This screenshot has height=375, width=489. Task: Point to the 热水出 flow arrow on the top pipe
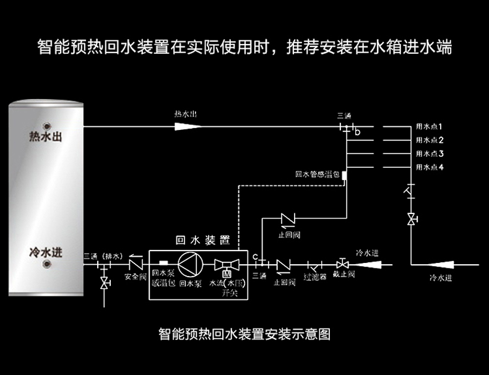pyautogui.click(x=187, y=126)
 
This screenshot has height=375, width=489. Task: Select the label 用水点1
pyautogui.click(x=429, y=127)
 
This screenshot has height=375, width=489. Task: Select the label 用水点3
pyautogui.click(x=429, y=153)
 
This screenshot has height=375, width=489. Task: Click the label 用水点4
pyautogui.click(x=429, y=167)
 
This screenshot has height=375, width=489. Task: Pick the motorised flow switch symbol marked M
pyautogui.click(x=225, y=265)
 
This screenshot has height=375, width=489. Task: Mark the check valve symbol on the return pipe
pyautogui.click(x=288, y=218)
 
